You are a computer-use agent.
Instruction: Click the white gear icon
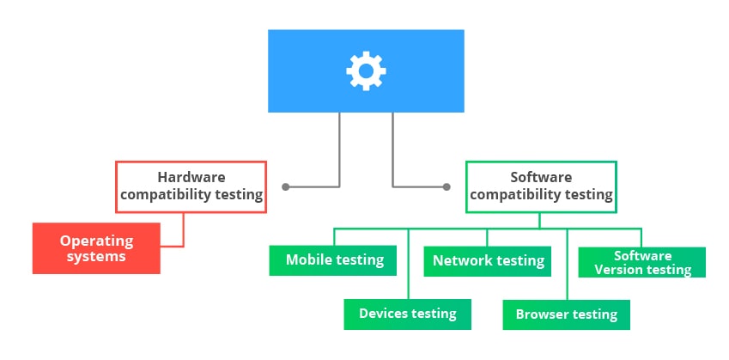click(366, 70)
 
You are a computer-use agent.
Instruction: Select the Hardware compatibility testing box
click(191, 186)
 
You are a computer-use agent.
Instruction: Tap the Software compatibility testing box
click(541, 186)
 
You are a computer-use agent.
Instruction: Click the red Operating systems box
click(96, 248)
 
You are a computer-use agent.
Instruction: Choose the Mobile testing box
click(333, 259)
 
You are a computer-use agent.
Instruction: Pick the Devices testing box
click(408, 314)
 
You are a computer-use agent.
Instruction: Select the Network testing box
click(488, 259)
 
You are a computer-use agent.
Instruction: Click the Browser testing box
click(566, 314)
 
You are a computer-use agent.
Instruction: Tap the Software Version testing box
click(642, 262)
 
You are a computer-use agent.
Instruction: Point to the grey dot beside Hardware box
click(285, 186)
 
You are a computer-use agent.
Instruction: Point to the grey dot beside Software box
click(447, 186)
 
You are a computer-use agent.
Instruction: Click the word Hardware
click(191, 178)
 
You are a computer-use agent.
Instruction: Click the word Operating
click(97, 241)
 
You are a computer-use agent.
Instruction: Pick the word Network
click(462, 259)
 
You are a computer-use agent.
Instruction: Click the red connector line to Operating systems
click(183, 232)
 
